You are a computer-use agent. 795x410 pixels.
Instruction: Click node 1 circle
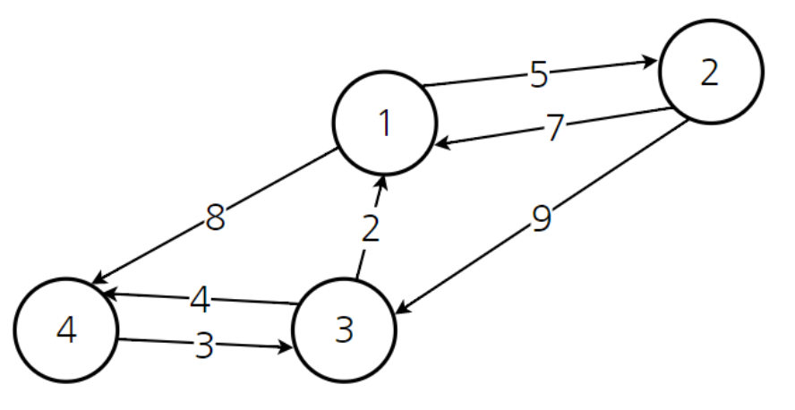point(385,123)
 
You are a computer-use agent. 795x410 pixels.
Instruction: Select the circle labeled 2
point(710,73)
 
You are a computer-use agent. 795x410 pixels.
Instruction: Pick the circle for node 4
point(65,330)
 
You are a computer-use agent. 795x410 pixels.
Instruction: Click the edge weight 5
point(538,75)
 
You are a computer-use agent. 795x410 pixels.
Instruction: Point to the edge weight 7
point(555,128)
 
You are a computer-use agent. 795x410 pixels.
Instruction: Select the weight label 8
point(215,218)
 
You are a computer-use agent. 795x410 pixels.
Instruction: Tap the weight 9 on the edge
point(540,218)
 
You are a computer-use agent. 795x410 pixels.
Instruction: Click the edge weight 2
point(371,229)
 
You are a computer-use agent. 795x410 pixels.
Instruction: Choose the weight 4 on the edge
point(201,299)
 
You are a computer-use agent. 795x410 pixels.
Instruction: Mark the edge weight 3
point(204,345)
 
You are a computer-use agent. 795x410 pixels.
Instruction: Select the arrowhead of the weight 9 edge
point(402,309)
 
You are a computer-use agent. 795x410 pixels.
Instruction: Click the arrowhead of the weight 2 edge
point(382,184)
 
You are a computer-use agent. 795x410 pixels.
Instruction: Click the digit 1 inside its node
point(385,123)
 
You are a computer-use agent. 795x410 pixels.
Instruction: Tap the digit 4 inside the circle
point(65,330)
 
